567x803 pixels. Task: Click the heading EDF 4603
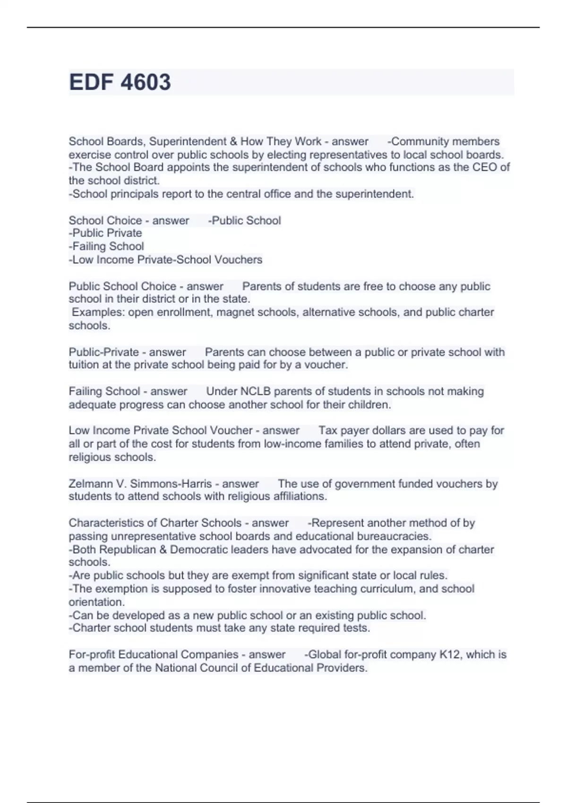(120, 82)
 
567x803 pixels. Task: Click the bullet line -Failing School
(106, 246)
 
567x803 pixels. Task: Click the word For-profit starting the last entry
(92, 654)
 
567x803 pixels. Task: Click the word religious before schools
(88, 457)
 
